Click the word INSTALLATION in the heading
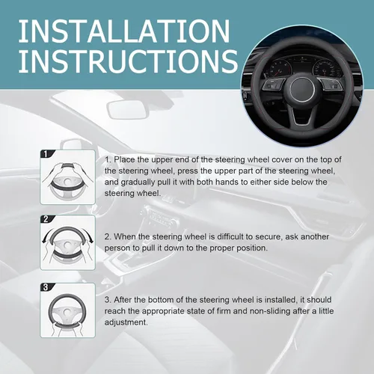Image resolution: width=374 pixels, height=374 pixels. (124, 31)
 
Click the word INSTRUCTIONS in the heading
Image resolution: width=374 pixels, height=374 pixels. (128, 61)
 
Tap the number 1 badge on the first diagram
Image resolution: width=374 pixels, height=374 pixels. (46, 154)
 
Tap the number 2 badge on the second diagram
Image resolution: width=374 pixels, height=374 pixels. (46, 219)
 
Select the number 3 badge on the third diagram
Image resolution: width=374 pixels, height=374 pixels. (46, 287)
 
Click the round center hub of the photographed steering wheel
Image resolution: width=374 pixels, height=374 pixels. (302, 89)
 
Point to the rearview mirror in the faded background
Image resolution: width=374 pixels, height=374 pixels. (126, 109)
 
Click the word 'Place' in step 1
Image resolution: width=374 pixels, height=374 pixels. (124, 159)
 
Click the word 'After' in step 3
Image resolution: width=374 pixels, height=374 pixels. (123, 300)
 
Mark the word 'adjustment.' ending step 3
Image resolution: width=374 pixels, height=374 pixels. (126, 322)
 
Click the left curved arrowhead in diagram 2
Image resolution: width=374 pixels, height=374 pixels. (45, 240)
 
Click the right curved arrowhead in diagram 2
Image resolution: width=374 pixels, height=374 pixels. (91, 240)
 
